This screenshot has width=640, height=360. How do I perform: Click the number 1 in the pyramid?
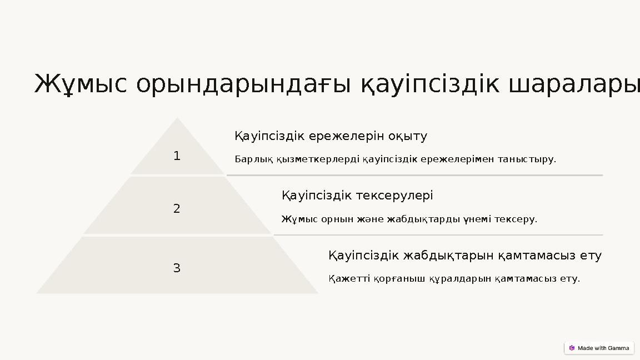177,157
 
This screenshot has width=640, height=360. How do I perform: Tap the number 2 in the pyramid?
177,209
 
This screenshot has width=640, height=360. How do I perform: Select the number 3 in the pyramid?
177,269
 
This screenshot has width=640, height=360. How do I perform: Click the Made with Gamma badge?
599,348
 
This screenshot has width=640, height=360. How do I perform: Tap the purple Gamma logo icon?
572,348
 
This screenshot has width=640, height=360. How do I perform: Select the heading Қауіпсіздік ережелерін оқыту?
331,137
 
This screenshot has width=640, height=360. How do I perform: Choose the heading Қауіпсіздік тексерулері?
357,196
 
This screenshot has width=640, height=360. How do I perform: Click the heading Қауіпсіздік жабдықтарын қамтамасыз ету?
464,256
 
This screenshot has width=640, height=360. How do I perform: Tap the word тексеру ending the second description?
519,219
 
